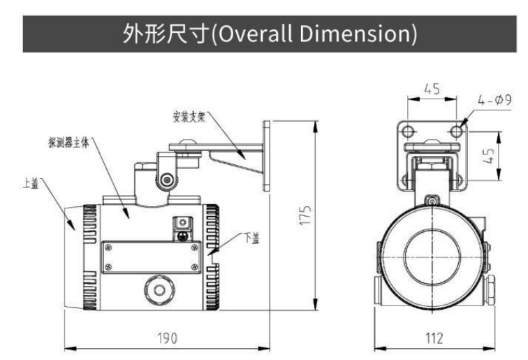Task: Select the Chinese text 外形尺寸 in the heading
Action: [160, 33]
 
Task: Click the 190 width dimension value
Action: [166, 337]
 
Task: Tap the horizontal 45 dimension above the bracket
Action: [432, 89]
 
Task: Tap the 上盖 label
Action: [31, 183]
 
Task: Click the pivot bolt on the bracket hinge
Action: [166, 180]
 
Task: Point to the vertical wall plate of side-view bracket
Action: [266, 155]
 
